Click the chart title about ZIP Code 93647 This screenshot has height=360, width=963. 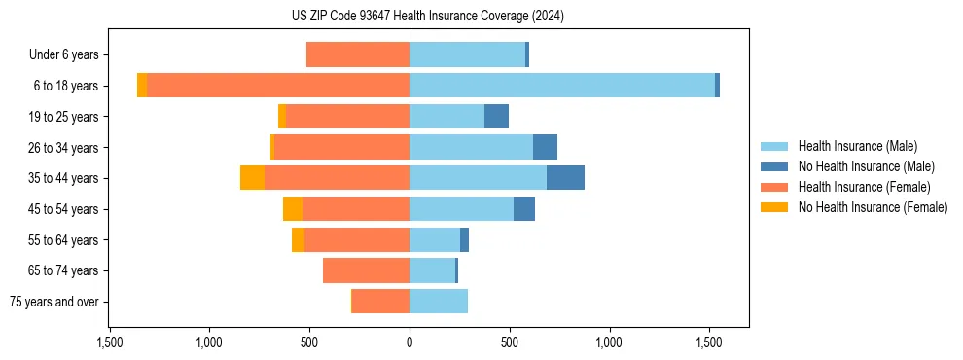[427, 16]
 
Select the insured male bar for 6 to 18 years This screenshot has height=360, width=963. [562, 86]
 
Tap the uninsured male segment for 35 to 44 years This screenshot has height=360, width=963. [565, 178]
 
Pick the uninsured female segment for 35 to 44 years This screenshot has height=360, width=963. [253, 178]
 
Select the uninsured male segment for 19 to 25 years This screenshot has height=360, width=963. [496, 117]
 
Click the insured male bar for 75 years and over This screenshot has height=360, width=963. [439, 301]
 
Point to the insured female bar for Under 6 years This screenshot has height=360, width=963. [358, 54]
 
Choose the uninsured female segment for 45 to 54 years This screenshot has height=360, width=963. [293, 209]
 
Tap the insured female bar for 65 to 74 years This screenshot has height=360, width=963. [366, 270]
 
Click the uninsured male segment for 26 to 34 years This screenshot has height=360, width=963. [545, 147]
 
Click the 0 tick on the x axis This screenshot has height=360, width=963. [410, 342]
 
